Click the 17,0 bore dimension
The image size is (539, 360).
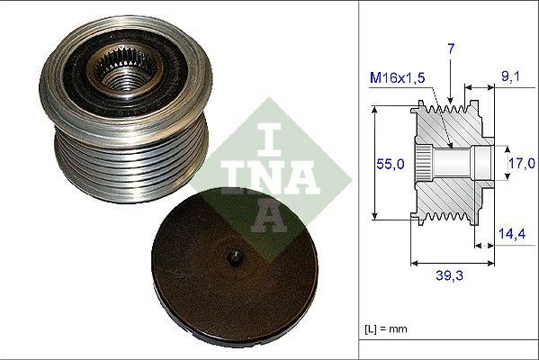[520, 164]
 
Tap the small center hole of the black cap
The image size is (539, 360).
[235, 256]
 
